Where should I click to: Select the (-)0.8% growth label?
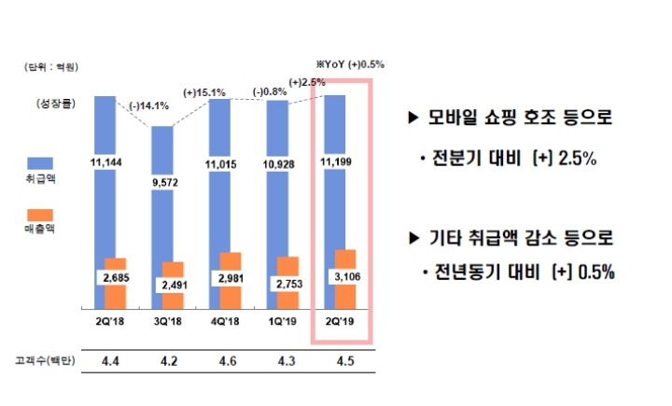(270, 92)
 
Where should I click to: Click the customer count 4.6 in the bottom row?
(227, 361)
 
